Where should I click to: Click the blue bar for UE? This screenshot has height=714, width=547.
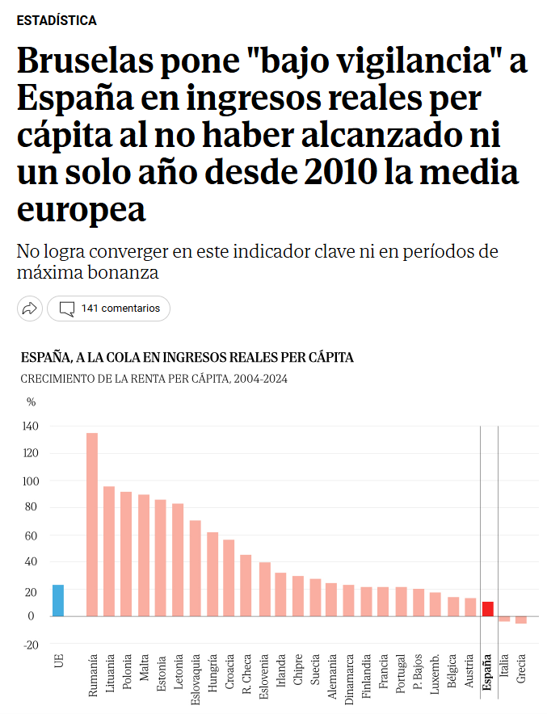click(58, 600)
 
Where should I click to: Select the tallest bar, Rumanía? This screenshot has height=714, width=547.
click(92, 524)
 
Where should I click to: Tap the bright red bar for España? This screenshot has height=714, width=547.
click(487, 609)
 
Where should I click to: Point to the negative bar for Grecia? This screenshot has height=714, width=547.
click(521, 619)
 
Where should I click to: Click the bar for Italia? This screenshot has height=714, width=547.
click(504, 619)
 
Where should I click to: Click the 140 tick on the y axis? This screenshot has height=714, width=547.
click(32, 426)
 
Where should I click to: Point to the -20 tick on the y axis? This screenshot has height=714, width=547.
click(32, 645)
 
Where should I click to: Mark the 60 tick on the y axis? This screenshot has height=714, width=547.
click(32, 535)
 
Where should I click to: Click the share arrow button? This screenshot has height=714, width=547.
click(30, 308)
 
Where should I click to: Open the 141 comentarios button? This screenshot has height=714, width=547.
click(109, 308)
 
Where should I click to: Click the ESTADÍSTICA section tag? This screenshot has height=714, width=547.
click(57, 20)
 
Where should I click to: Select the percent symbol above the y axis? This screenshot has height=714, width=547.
click(32, 401)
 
